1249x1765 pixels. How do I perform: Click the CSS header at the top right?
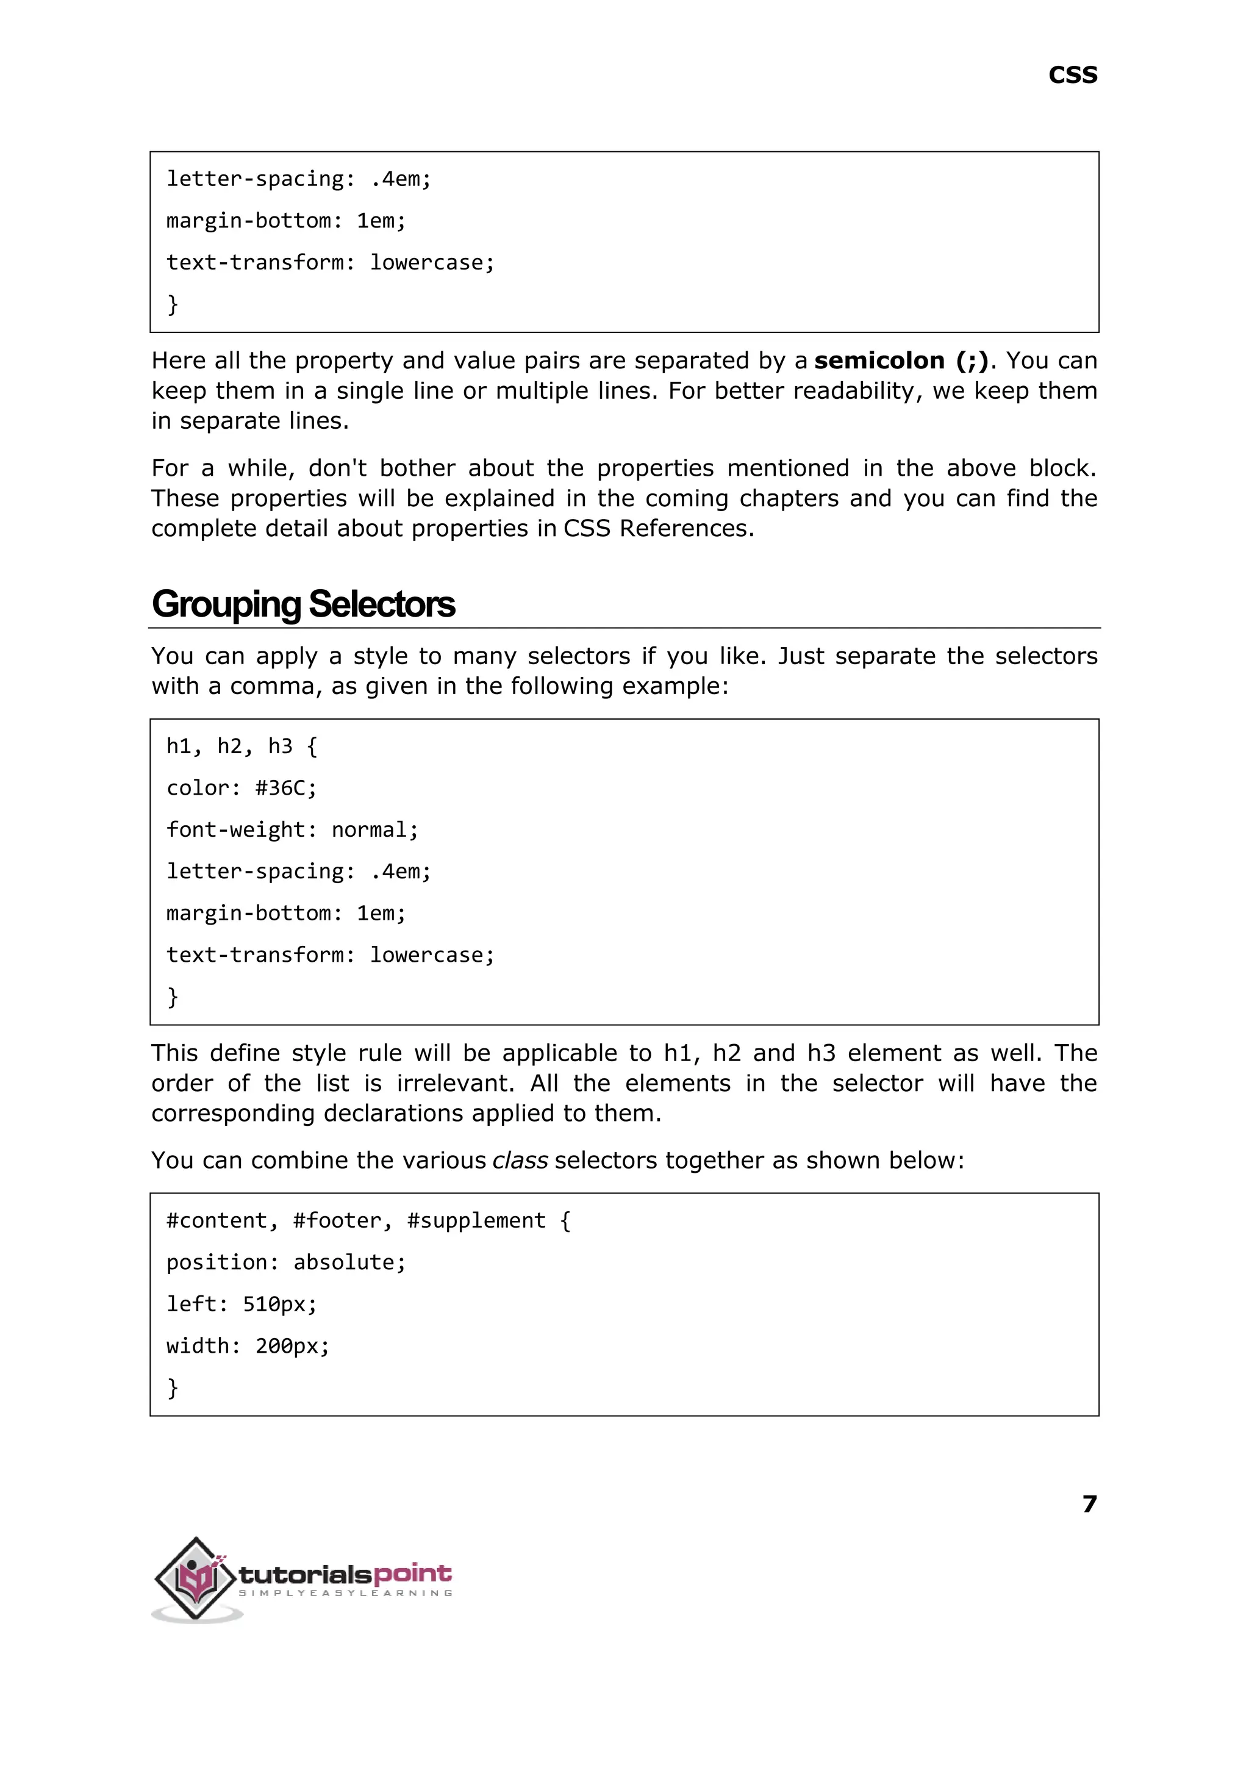coord(1072,76)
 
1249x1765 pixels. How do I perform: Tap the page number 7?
coord(1089,1503)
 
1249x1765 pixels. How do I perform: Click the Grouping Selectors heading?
coord(303,604)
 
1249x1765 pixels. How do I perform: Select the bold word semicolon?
coord(879,360)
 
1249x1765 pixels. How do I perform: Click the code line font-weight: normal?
coord(292,830)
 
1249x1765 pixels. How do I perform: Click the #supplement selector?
coord(476,1220)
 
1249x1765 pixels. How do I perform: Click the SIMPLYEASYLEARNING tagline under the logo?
coord(345,1594)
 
